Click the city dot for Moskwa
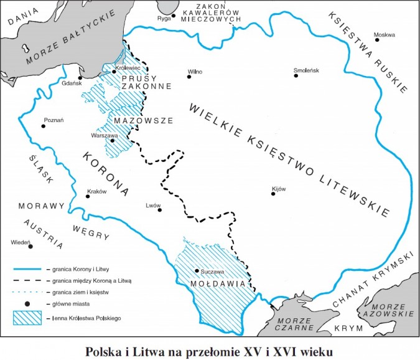[x=377, y=40]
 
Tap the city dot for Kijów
[x=273, y=194]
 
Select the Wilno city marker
[x=190, y=77]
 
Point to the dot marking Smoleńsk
[x=296, y=77]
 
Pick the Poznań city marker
[x=43, y=126]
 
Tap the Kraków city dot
[x=88, y=197]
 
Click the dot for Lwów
[x=160, y=210]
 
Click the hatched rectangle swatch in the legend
[x=29, y=317]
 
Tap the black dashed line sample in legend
[x=29, y=281]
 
